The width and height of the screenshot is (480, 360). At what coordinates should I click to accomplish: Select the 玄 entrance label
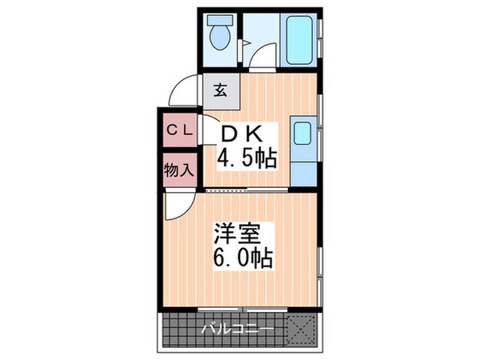point(220,89)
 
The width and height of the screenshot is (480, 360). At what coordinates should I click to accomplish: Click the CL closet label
point(178,129)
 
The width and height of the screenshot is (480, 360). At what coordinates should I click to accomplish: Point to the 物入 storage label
point(178,170)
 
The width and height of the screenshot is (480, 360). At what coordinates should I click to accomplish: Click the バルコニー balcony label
point(237,329)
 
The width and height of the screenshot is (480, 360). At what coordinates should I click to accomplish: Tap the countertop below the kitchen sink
point(303,168)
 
